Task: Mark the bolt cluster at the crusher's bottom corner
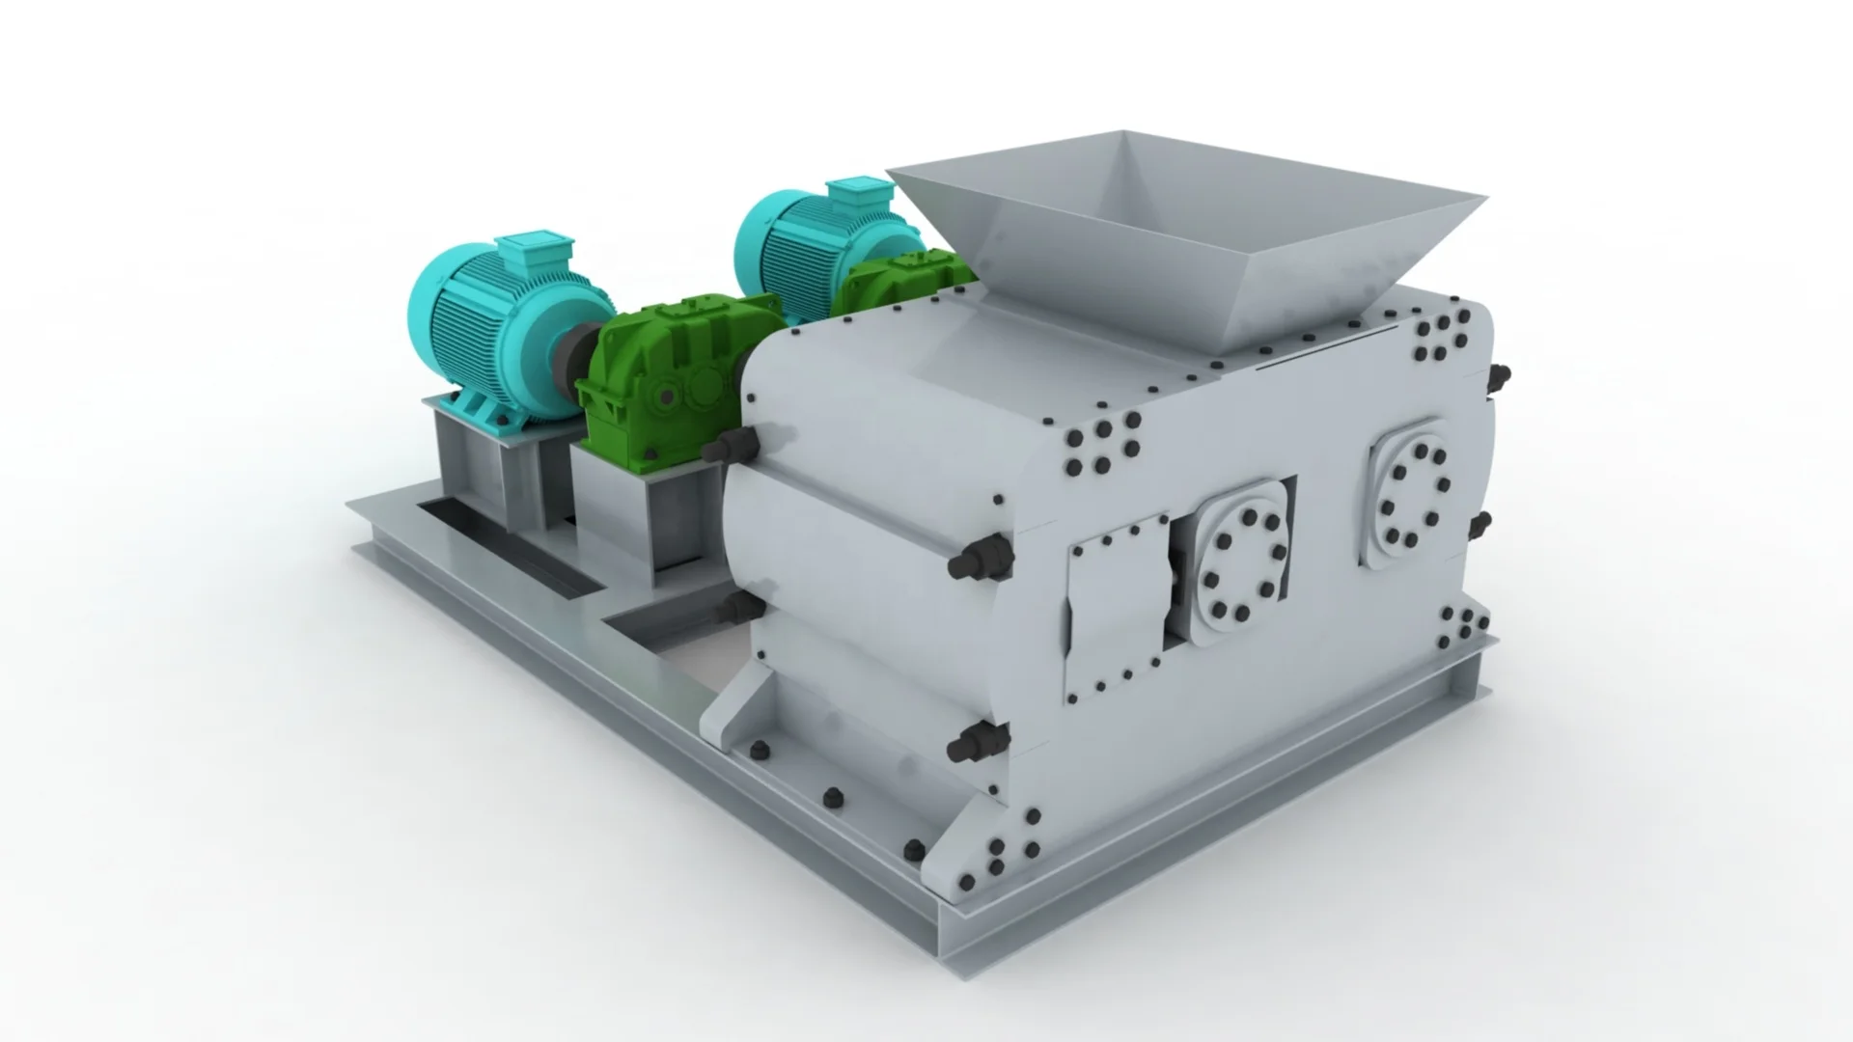(x=999, y=854)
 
